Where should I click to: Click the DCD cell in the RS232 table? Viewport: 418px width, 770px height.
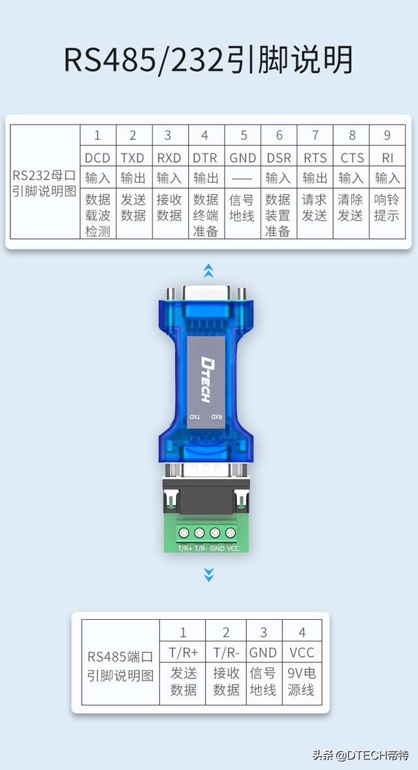(98, 157)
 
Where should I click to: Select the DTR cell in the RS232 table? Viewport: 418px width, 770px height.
(206, 157)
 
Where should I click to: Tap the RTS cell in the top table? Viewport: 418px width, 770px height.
(315, 157)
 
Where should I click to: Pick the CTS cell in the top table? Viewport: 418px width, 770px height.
(351, 157)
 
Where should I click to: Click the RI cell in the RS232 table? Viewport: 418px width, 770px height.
(387, 157)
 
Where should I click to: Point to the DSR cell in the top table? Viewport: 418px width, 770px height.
(279, 157)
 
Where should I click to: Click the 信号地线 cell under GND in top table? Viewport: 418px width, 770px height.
(242, 207)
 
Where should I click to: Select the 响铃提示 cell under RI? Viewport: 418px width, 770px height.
(387, 207)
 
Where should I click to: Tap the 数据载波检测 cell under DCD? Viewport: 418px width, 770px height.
(98, 215)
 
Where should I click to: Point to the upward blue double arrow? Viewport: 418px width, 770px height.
(208, 270)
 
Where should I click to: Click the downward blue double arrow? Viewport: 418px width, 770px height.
(208, 574)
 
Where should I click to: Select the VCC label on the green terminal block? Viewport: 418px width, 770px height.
(233, 549)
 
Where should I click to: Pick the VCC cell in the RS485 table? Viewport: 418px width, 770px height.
(301, 652)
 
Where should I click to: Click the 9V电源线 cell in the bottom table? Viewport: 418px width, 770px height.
(301, 681)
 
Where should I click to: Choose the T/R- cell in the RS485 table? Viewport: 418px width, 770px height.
(226, 652)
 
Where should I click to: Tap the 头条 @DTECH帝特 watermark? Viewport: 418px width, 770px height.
(360, 756)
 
